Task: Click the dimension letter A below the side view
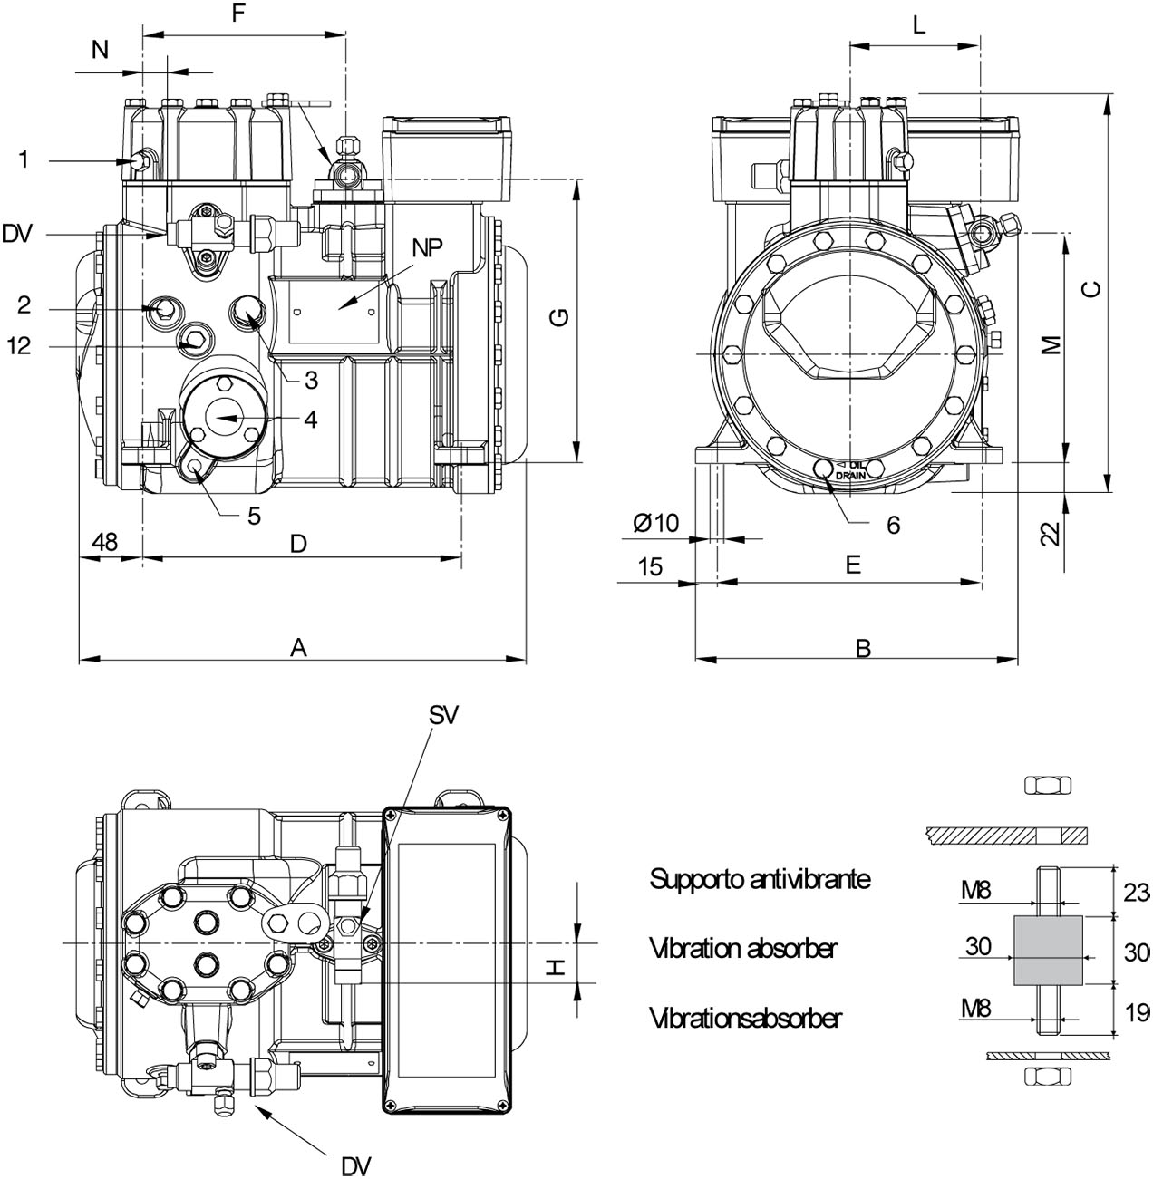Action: click(298, 647)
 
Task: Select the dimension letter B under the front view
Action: click(863, 648)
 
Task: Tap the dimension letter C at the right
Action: click(1093, 288)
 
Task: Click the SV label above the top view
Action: click(443, 714)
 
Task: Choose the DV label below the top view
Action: click(356, 1165)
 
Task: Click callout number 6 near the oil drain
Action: click(893, 525)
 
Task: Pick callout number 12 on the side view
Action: click(20, 344)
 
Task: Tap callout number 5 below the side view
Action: click(255, 516)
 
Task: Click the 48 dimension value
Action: click(104, 542)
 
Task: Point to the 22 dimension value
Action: click(1050, 534)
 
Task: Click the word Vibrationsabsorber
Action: click(745, 1018)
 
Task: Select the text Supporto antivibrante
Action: click(761, 878)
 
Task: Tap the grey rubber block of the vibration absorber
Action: click(1049, 950)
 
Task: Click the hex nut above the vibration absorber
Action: click(1049, 785)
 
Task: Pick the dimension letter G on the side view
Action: click(561, 318)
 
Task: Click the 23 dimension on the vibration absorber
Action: click(1136, 893)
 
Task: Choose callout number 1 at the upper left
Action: click(24, 160)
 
